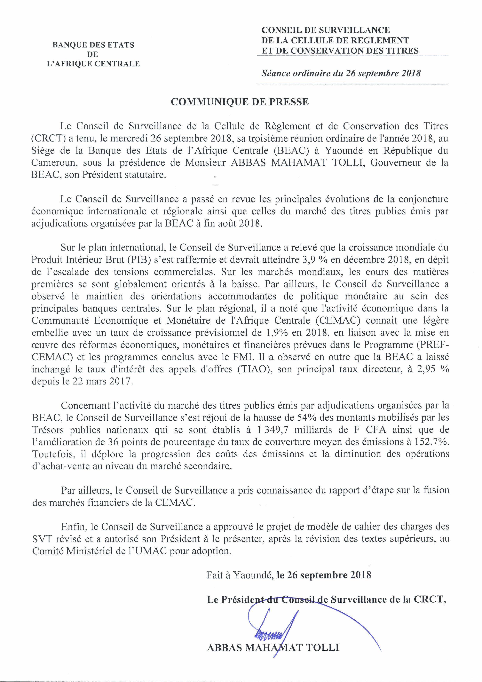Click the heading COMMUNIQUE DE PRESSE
point(240,102)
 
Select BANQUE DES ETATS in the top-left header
point(93,45)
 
